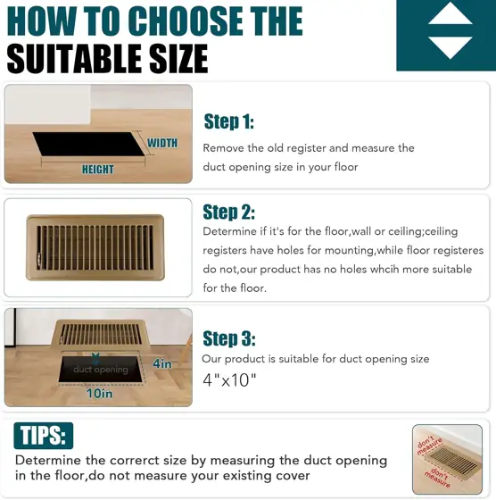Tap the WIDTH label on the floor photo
[162, 143]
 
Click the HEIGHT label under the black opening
[98, 170]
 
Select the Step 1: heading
[228, 121]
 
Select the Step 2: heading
[228, 212]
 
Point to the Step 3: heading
[229, 338]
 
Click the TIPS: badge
[44, 436]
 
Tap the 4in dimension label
[162, 363]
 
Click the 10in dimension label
[99, 394]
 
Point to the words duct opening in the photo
[101, 370]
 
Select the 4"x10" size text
[229, 380]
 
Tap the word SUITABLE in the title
[75, 59]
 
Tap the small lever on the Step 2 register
[39, 257]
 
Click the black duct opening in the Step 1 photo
[88, 144]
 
